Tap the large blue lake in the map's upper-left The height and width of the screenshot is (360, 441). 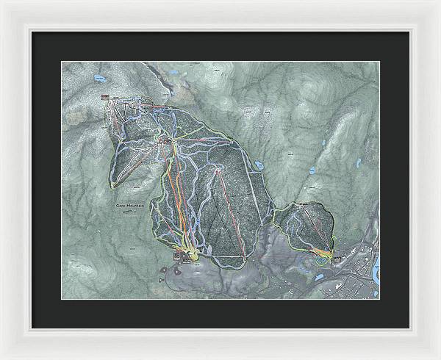click(x=98, y=76)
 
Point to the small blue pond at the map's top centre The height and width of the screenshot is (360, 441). click(x=172, y=71)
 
